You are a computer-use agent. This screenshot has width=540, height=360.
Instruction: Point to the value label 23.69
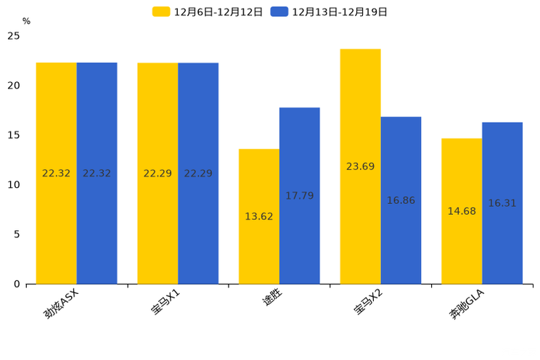click(360, 167)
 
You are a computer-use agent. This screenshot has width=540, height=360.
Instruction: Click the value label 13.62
click(259, 216)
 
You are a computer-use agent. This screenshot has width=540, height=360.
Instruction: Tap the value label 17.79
click(299, 196)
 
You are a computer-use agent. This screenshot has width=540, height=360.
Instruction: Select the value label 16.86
click(401, 200)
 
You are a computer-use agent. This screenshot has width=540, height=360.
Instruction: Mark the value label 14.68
click(462, 211)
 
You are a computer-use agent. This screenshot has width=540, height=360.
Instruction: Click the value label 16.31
click(502, 203)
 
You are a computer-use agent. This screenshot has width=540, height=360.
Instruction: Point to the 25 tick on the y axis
click(14, 36)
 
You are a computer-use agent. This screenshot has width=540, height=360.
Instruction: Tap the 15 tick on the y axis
click(14, 135)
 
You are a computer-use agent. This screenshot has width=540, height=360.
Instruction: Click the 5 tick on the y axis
click(17, 234)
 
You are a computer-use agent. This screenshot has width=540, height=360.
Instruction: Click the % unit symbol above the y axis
click(26, 21)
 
